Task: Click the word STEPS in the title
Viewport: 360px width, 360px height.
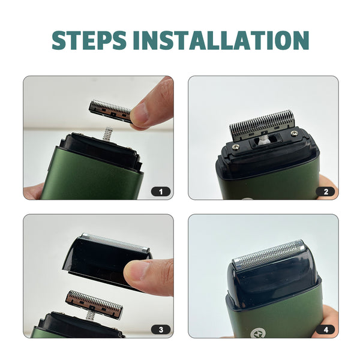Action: [x=89, y=40]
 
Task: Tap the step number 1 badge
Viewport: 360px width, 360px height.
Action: [x=161, y=192]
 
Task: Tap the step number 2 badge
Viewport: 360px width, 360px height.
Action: [x=326, y=192]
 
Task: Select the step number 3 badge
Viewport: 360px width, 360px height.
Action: [x=161, y=330]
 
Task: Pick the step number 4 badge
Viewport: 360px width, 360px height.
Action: [x=326, y=330]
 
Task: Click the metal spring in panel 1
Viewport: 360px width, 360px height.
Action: [x=107, y=134]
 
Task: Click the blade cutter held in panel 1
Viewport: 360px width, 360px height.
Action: [x=110, y=110]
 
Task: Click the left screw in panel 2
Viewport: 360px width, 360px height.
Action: [x=235, y=146]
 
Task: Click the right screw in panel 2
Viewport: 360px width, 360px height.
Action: [x=293, y=133]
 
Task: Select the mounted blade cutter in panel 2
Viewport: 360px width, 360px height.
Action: [x=262, y=125]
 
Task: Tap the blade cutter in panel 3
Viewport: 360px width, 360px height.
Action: [x=94, y=304]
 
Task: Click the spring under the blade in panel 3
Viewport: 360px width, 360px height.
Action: [x=90, y=316]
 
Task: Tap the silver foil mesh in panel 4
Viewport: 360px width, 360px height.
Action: [x=269, y=254]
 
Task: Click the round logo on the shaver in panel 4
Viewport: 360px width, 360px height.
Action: [x=257, y=332]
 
